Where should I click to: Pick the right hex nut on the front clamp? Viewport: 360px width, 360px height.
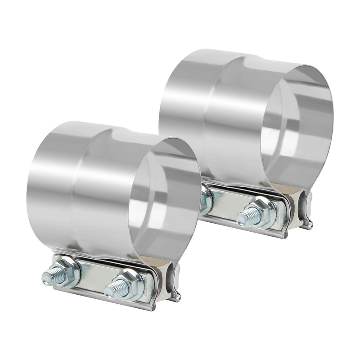click(x=131, y=284)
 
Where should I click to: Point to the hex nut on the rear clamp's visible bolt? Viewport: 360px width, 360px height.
click(x=263, y=211)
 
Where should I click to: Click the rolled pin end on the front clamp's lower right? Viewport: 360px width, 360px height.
click(x=178, y=297)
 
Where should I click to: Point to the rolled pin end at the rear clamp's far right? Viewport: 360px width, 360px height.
click(x=310, y=224)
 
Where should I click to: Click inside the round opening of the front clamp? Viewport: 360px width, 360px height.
click(x=164, y=202)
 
